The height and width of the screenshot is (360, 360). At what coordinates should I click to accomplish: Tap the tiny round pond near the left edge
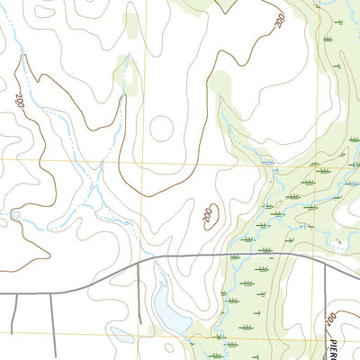[15, 215]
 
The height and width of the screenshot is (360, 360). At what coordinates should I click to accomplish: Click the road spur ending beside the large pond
[142, 288]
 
